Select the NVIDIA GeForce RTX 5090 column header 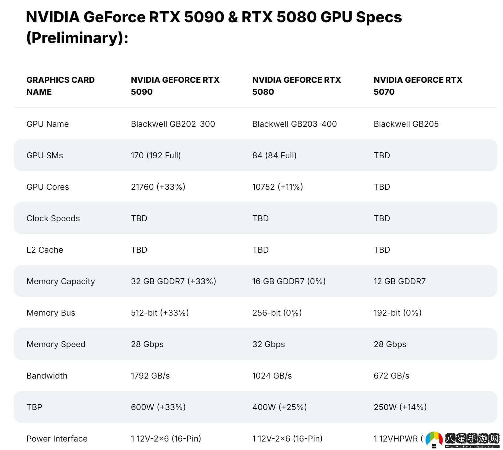pyautogui.click(x=175, y=86)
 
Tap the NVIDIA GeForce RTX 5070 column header pyautogui.click(x=418, y=86)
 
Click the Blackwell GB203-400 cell pyautogui.click(x=294, y=124)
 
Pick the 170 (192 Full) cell pyautogui.click(x=156, y=155)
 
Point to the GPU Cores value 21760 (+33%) pyautogui.click(x=158, y=187)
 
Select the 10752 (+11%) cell pyautogui.click(x=277, y=187)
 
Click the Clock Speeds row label pyautogui.click(x=53, y=218)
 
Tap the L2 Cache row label pyautogui.click(x=45, y=250)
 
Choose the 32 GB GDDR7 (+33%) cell pyautogui.click(x=173, y=281)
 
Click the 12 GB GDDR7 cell pyautogui.click(x=399, y=281)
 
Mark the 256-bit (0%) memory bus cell pyautogui.click(x=277, y=313)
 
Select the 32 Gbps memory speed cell pyautogui.click(x=268, y=344)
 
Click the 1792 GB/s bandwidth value pyautogui.click(x=150, y=376)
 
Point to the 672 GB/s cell pyautogui.click(x=391, y=376)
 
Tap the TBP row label pyautogui.click(x=34, y=407)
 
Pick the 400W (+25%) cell pyautogui.click(x=280, y=407)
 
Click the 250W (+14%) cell pyautogui.click(x=400, y=407)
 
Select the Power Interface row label pyautogui.click(x=57, y=439)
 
